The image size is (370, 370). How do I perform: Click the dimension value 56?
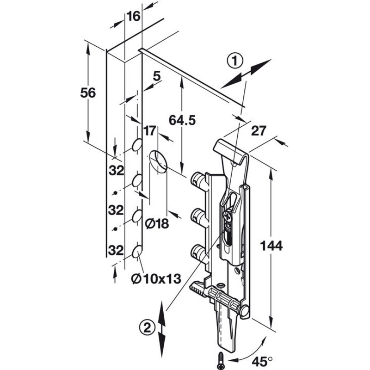(87, 92)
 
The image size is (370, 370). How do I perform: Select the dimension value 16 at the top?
(133, 17)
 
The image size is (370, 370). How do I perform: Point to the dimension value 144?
(271, 246)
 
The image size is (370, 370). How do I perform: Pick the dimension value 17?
(149, 131)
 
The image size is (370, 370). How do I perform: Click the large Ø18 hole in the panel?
(159, 161)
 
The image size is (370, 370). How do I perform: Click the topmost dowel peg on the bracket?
(198, 179)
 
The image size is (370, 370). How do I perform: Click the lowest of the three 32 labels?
(116, 250)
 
